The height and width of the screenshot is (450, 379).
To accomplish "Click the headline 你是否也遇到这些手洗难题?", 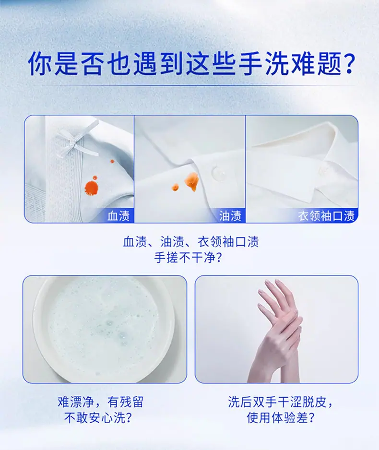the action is click(x=191, y=63).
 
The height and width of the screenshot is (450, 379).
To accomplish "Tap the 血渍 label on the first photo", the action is click(x=118, y=216).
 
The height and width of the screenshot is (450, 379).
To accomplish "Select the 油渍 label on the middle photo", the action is click(x=230, y=216).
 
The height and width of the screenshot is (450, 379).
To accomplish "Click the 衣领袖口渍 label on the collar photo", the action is click(x=326, y=216).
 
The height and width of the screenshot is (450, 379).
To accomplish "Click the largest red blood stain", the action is click(x=91, y=188).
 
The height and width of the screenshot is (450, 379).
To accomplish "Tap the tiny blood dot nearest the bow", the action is click(x=112, y=162).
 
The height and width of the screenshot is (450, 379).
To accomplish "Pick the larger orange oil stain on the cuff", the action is click(x=191, y=181).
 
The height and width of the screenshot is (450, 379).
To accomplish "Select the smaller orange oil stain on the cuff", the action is click(x=175, y=187).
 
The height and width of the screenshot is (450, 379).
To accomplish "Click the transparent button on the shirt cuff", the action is click(x=218, y=173).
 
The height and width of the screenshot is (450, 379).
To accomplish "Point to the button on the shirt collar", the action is click(x=324, y=170).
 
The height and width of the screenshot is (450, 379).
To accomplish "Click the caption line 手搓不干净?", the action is click(x=188, y=258).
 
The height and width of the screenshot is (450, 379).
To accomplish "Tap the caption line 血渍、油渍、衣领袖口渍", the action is click(x=191, y=242).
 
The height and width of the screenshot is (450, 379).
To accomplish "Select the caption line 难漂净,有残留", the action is click(x=100, y=402).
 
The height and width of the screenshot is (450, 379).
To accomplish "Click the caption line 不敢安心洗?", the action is click(x=98, y=418).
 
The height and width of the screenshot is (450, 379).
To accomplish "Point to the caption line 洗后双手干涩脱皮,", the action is click(x=280, y=402).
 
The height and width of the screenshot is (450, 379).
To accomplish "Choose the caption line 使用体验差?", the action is click(x=281, y=418).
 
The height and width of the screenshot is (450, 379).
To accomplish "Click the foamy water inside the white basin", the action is click(x=103, y=327).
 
